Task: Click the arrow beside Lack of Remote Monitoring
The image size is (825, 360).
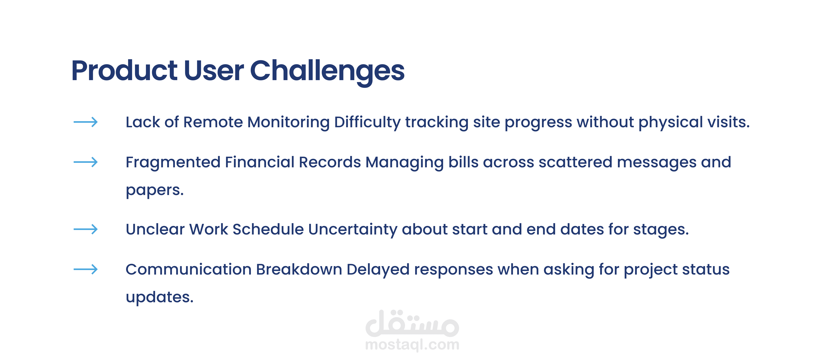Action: point(85,122)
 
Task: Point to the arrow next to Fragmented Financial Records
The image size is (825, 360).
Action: point(85,162)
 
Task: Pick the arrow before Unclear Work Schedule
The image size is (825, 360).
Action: point(85,229)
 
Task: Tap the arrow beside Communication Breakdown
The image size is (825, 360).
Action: point(85,269)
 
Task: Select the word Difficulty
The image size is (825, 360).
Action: point(367,123)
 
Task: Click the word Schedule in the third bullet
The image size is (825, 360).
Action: point(268,229)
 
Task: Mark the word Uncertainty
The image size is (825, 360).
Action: point(353,230)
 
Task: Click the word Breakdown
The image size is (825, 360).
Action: point(299,269)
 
